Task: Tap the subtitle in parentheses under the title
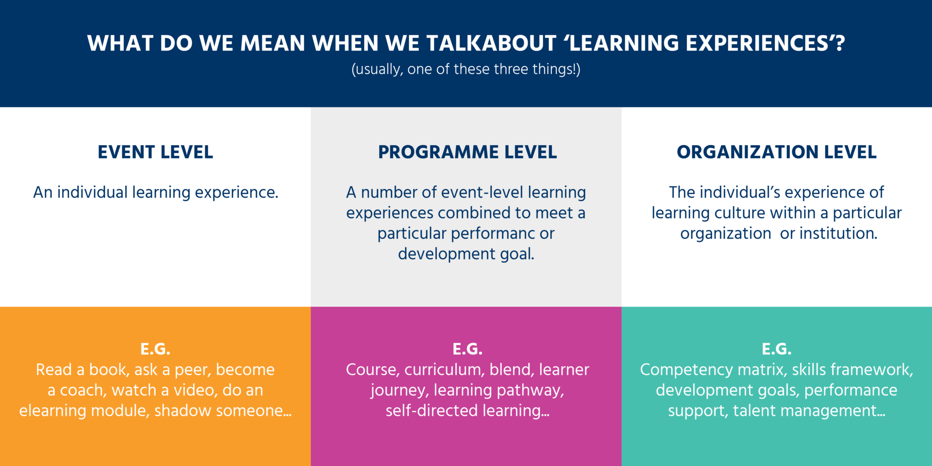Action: pos(466,69)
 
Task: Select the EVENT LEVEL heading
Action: pos(155,152)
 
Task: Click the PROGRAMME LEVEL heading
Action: pos(467,152)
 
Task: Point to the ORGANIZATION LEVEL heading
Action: pos(777,152)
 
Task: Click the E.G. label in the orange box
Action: pos(155,349)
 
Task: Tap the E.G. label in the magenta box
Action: pos(467,349)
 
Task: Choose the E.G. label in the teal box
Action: pos(777,349)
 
